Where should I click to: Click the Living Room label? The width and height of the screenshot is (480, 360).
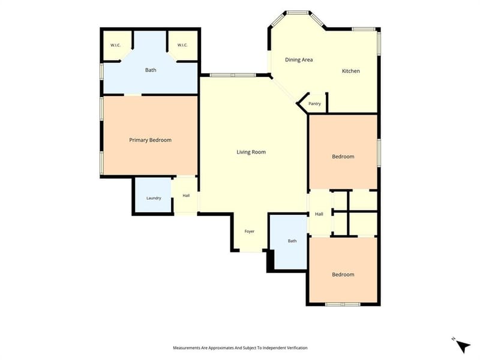(x=251, y=152)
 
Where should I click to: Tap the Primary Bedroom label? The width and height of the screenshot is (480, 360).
(x=151, y=140)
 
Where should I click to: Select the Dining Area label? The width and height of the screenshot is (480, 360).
(x=299, y=59)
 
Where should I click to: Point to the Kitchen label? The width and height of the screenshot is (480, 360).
(x=351, y=71)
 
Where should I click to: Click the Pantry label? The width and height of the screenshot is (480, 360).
(x=314, y=104)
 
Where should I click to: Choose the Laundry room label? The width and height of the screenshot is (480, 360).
(x=154, y=198)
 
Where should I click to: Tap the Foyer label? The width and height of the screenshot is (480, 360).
(x=250, y=232)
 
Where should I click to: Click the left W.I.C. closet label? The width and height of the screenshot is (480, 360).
(x=115, y=46)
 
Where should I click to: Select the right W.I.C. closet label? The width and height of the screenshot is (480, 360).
(x=182, y=46)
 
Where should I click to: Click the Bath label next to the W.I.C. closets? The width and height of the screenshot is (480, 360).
(x=151, y=70)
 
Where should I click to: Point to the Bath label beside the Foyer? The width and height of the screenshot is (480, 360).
(x=292, y=241)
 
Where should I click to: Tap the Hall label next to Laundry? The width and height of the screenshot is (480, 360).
(x=186, y=196)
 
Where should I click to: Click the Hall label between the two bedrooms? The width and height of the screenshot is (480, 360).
(x=319, y=214)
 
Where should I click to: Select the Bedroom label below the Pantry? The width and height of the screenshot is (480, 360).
(x=343, y=157)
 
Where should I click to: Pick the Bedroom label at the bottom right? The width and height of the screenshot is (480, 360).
(x=343, y=275)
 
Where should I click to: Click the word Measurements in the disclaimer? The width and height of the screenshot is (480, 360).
(x=187, y=348)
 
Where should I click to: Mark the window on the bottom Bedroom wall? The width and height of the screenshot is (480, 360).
(x=343, y=305)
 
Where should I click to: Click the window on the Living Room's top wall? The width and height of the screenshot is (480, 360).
(x=233, y=75)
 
